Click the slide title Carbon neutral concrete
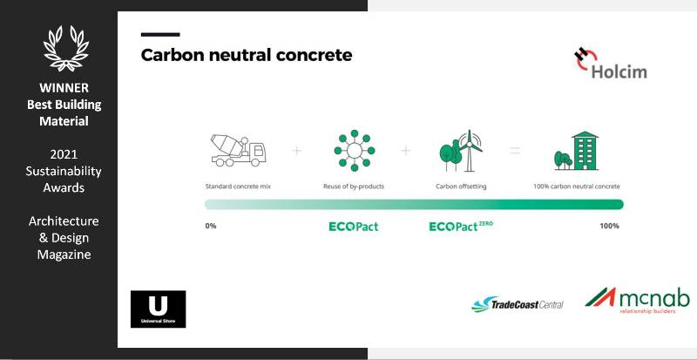(x=247, y=55)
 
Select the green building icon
(x=577, y=151)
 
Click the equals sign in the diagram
(x=515, y=151)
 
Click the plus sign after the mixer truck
(x=296, y=151)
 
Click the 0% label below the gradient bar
(x=210, y=226)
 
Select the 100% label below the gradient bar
(x=609, y=226)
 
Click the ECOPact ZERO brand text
(x=461, y=227)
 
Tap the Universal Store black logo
(x=158, y=309)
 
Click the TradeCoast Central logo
(x=518, y=304)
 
